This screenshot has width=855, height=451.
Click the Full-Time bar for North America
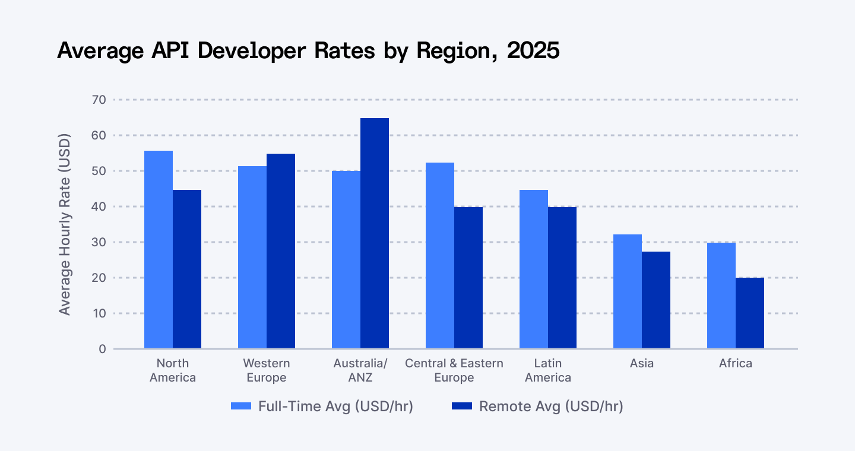pyautogui.click(x=159, y=249)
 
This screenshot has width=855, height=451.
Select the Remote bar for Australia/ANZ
pyautogui.click(x=375, y=233)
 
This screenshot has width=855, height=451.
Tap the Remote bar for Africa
pyautogui.click(x=750, y=313)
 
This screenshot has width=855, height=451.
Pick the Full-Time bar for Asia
pyautogui.click(x=628, y=291)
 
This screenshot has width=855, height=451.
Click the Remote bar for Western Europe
pyautogui.click(x=281, y=251)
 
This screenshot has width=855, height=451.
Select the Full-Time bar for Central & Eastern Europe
pyautogui.click(x=440, y=255)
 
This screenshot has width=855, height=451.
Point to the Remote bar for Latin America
pyautogui.click(x=562, y=278)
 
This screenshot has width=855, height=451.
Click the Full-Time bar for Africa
pyautogui.click(x=721, y=296)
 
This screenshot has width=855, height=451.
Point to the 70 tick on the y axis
pyautogui.click(x=99, y=100)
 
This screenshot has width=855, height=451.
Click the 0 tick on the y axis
pyautogui.click(x=102, y=349)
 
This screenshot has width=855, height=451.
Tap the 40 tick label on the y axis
pyautogui.click(x=99, y=207)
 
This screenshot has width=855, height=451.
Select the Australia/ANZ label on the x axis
pyautogui.click(x=360, y=370)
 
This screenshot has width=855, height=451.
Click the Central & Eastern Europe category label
pyautogui.click(x=454, y=370)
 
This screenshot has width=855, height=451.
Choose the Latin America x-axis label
pyautogui.click(x=548, y=370)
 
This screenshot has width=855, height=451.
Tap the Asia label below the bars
pyautogui.click(x=642, y=363)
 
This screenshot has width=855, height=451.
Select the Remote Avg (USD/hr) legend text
pyautogui.click(x=551, y=406)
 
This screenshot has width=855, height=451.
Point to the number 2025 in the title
pyautogui.click(x=534, y=51)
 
